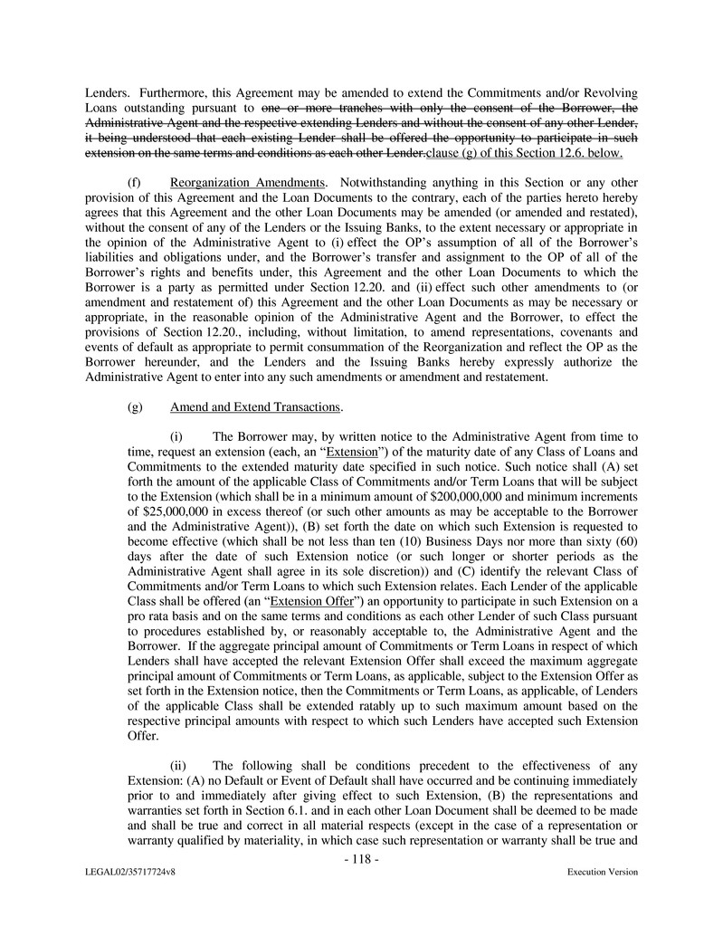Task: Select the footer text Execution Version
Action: [602, 872]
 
